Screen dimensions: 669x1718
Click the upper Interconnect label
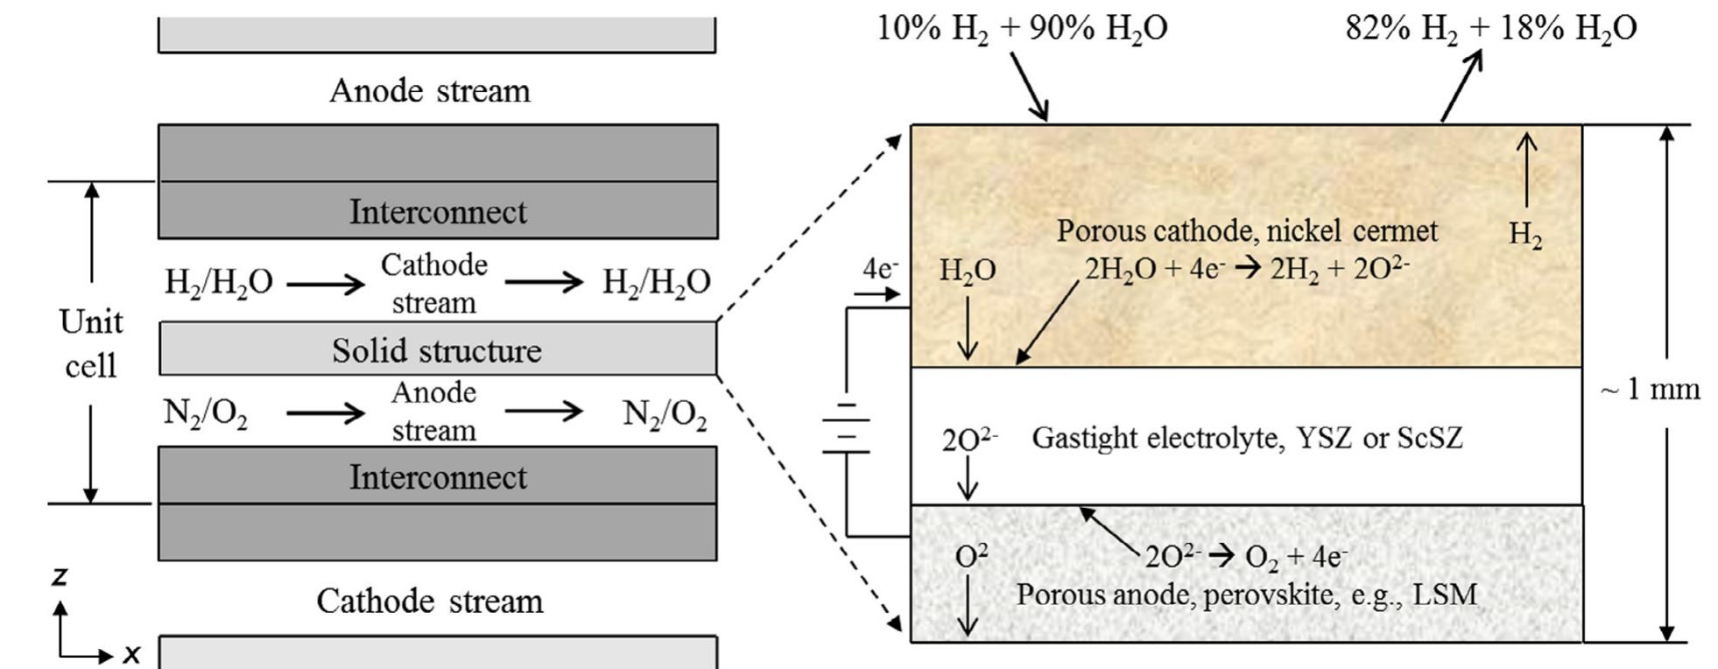(x=438, y=212)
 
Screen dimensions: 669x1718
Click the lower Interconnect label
(x=438, y=477)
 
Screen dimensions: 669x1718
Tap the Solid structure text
(x=436, y=350)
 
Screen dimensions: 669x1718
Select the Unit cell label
(x=91, y=343)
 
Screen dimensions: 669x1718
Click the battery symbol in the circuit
(x=845, y=428)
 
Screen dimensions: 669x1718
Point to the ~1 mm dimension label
(x=1650, y=389)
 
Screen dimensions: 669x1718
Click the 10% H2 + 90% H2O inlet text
(x=1021, y=28)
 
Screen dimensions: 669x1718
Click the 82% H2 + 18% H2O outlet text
(x=1490, y=28)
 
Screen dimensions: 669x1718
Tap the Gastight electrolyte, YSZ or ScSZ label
(x=1246, y=437)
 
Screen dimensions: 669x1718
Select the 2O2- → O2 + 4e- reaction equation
(x=1245, y=557)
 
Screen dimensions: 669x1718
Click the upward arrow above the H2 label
(x=1526, y=170)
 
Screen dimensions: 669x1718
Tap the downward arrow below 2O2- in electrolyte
(x=967, y=478)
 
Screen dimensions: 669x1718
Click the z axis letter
(x=59, y=576)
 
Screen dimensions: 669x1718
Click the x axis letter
(x=131, y=653)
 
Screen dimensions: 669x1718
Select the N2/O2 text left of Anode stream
(x=205, y=412)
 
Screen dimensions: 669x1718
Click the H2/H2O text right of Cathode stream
(x=656, y=282)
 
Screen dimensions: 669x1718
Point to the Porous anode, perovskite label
(x=1245, y=595)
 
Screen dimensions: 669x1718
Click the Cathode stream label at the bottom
(x=429, y=602)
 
